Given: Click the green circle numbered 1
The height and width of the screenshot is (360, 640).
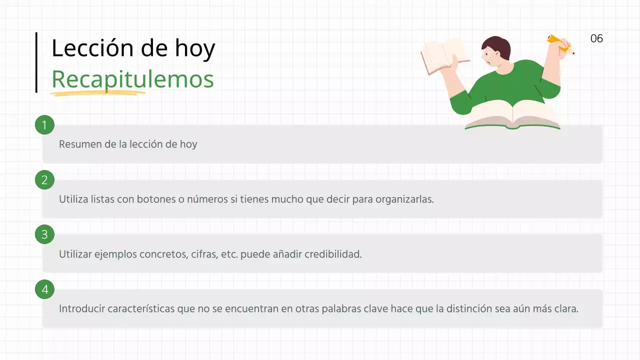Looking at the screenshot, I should point(44,125).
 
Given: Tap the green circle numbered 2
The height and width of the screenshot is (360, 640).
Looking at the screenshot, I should point(44,180).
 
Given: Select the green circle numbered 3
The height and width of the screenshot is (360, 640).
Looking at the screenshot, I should point(44,234).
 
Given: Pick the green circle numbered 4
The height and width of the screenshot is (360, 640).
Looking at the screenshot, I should point(44,289).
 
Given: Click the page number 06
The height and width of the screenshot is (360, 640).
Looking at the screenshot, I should point(596,38).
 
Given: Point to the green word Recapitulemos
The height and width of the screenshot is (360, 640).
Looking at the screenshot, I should point(132,79).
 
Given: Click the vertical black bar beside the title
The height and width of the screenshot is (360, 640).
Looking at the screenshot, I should point(36,62).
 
